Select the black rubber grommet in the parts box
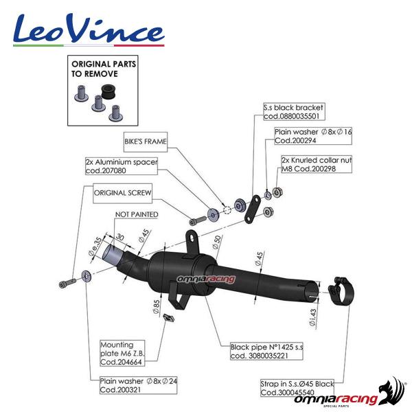point(107,91)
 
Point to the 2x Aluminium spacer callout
point(122,165)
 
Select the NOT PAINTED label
point(137,215)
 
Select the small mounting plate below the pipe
point(165,316)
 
